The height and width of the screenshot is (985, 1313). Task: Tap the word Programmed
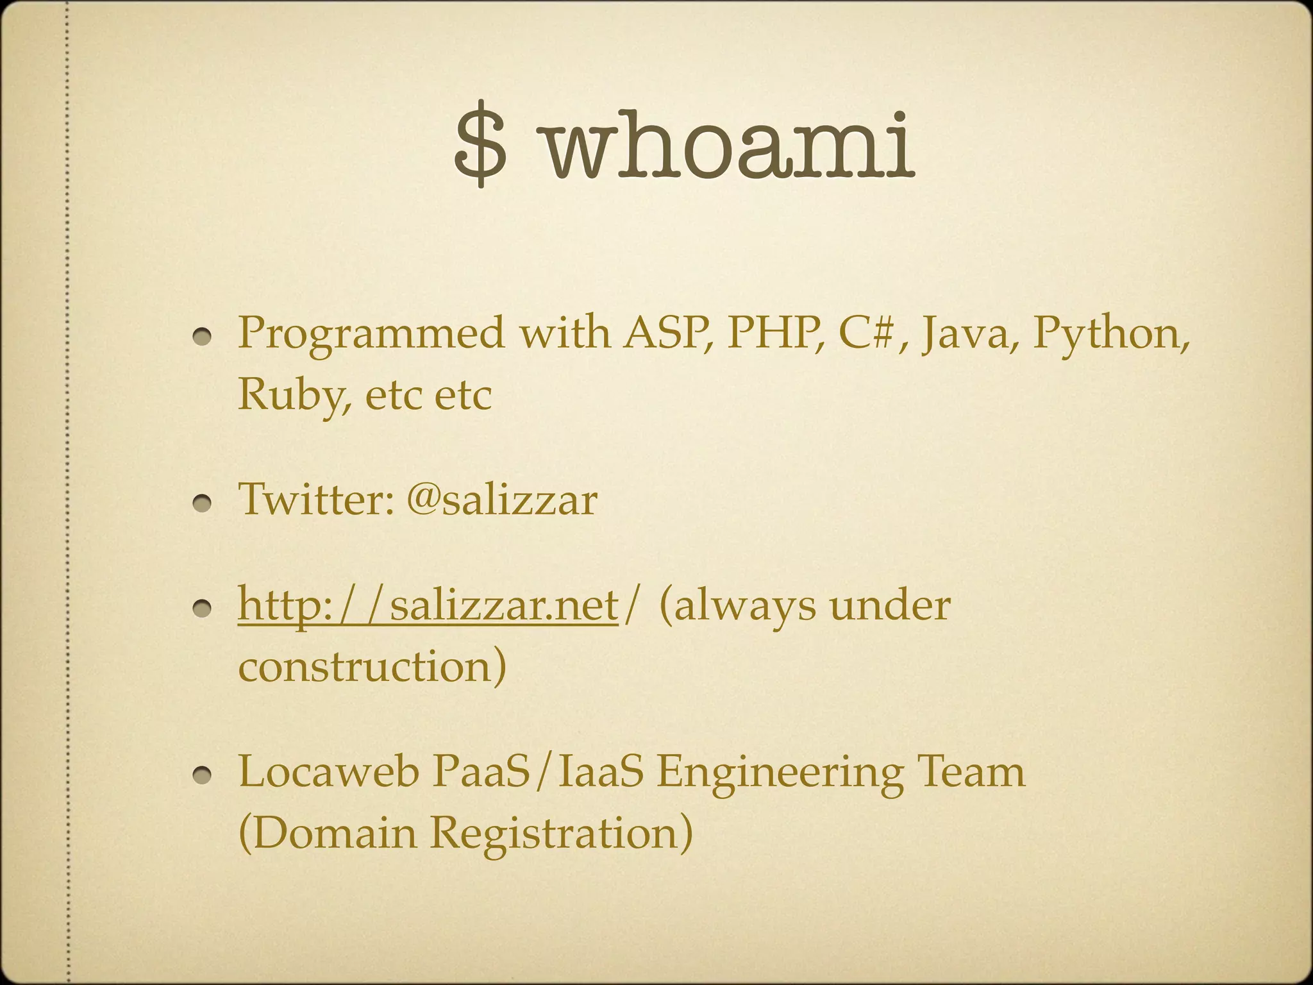pyautogui.click(x=371, y=335)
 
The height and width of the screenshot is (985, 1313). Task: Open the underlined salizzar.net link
pyautogui.click(x=428, y=605)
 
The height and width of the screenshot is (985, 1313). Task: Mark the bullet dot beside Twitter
pyautogui.click(x=205, y=503)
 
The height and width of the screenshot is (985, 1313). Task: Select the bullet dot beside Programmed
pyautogui.click(x=205, y=338)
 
